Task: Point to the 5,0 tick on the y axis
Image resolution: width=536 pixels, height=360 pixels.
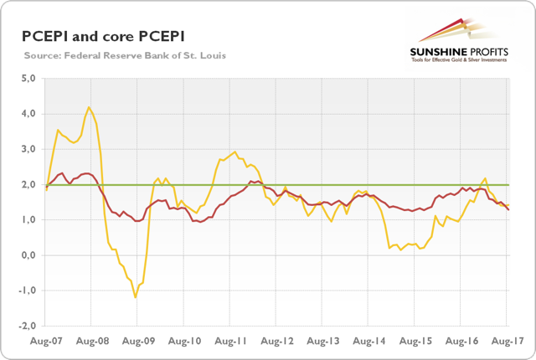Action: (x=28, y=79)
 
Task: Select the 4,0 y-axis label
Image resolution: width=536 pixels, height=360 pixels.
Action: (x=28, y=114)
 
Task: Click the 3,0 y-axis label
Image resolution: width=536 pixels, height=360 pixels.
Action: (x=28, y=149)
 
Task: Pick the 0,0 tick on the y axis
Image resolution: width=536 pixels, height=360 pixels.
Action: (x=28, y=255)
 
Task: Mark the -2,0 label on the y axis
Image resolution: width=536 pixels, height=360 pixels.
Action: (x=27, y=326)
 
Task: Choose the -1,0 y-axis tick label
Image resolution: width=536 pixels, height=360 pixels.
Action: (x=27, y=291)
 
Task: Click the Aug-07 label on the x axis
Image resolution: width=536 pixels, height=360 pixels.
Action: (x=47, y=342)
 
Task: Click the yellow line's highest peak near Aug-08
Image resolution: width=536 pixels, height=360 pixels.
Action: (x=89, y=107)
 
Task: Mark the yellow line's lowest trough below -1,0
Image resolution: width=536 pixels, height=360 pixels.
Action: (x=135, y=297)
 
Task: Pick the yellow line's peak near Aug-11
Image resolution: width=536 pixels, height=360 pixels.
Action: (x=234, y=152)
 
